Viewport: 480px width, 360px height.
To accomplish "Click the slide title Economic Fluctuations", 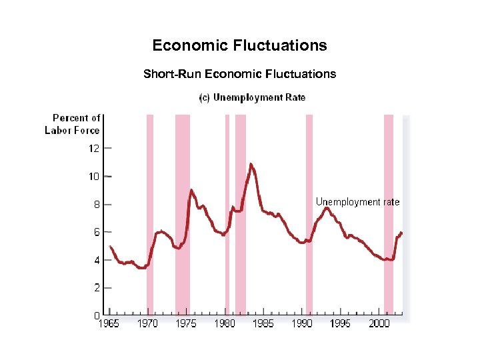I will pos(239,45).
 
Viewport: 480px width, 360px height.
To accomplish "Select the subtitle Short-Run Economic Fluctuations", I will pos(239,74).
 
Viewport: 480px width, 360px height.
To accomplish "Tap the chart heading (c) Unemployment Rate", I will pos(253,97).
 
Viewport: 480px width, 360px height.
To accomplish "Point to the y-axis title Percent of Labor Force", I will pos(73,124).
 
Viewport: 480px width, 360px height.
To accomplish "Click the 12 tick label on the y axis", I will pos(94,149).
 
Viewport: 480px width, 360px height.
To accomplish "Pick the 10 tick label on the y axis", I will pos(94,177).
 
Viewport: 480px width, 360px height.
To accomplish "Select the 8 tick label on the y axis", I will pos(97,205).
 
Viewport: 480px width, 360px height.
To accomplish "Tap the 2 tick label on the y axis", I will pos(97,288).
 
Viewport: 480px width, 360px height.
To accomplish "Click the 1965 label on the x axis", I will pos(109,323).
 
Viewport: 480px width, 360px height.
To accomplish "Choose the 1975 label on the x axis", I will pos(186,323).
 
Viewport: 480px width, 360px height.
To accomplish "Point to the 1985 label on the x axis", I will pos(263,323).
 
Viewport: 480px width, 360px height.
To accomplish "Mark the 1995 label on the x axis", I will pos(341,323).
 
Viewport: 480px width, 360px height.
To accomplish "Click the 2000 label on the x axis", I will pos(379,323).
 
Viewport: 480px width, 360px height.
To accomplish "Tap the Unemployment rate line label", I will pos(357,201).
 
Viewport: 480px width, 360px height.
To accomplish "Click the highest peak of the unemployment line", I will pos(251,163).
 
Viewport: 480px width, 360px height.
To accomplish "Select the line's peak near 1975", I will pos(191,190).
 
